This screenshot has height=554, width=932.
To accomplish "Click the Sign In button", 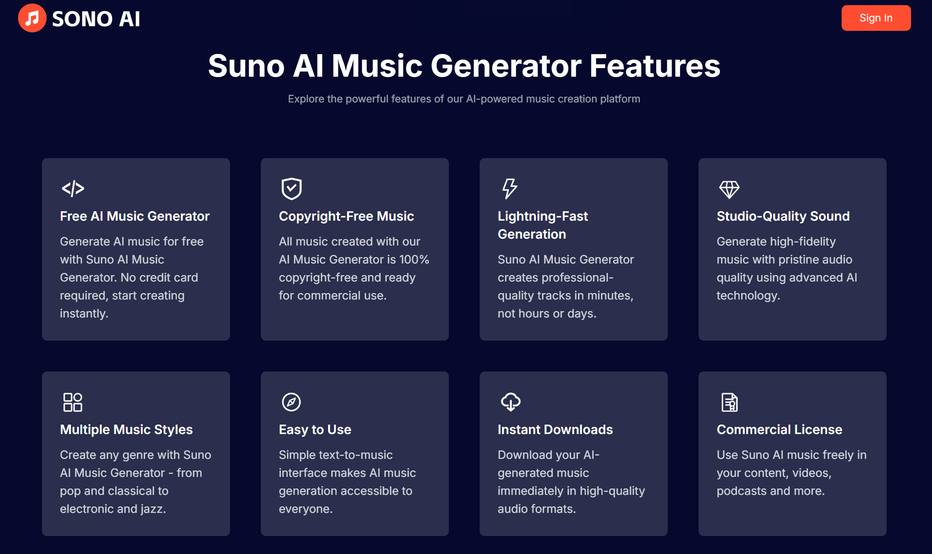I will [876, 18].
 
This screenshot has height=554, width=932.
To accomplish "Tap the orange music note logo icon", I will [32, 18].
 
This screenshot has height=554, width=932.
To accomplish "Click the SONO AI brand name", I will [96, 19].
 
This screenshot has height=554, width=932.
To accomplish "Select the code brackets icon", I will [73, 189].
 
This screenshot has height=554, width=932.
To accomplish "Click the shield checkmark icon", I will [291, 189].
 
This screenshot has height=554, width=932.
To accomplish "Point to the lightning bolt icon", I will [509, 189].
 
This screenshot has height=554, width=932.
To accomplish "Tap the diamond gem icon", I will [729, 189].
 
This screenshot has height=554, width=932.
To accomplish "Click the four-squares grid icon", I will [73, 402].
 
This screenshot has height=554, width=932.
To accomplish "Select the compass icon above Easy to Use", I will [291, 402].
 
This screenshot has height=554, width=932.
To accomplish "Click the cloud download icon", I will [511, 402].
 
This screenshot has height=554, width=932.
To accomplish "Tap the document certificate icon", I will [729, 402].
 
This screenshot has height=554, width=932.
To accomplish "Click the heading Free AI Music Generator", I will [135, 216].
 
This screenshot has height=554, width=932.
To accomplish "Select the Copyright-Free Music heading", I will [346, 216].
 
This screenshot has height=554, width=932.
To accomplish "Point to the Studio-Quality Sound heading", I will [783, 216].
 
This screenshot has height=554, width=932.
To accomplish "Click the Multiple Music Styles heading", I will [126, 430].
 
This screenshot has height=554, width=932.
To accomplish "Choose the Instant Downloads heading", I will [555, 430].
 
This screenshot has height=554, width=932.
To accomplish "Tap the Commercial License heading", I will [779, 430].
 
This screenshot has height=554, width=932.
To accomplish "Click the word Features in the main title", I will [655, 66].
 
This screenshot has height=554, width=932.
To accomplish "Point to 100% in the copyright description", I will [414, 260].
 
